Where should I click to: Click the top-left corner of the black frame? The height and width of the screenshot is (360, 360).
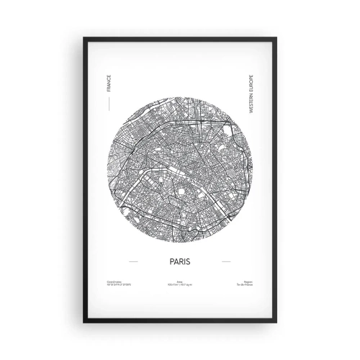[84, 38]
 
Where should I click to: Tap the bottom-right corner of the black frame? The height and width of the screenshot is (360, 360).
[276, 320]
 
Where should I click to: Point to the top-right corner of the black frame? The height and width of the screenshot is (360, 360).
[276, 38]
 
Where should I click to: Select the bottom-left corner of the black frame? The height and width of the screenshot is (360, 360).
[84, 320]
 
